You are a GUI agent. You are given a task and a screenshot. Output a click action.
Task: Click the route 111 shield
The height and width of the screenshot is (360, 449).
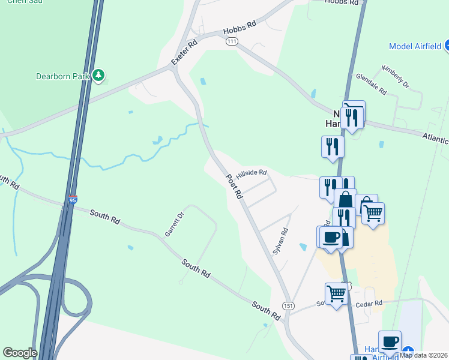[232, 41]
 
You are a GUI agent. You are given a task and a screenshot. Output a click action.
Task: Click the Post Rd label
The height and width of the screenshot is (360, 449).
[234, 187]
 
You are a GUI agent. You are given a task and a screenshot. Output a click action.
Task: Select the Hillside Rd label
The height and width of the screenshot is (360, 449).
[251, 173]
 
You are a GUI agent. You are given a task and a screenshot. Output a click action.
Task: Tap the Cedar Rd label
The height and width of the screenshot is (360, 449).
[370, 304]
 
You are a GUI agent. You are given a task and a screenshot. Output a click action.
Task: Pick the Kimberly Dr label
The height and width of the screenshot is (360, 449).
[395, 76]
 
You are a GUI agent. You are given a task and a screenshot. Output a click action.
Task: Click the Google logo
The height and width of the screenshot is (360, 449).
[20, 353]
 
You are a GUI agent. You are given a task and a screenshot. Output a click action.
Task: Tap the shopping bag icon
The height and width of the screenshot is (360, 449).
[345, 200]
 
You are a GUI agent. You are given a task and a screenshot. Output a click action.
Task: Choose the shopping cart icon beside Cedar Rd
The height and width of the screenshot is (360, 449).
[336, 294]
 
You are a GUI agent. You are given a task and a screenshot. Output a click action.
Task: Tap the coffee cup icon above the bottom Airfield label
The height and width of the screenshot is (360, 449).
[390, 341]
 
